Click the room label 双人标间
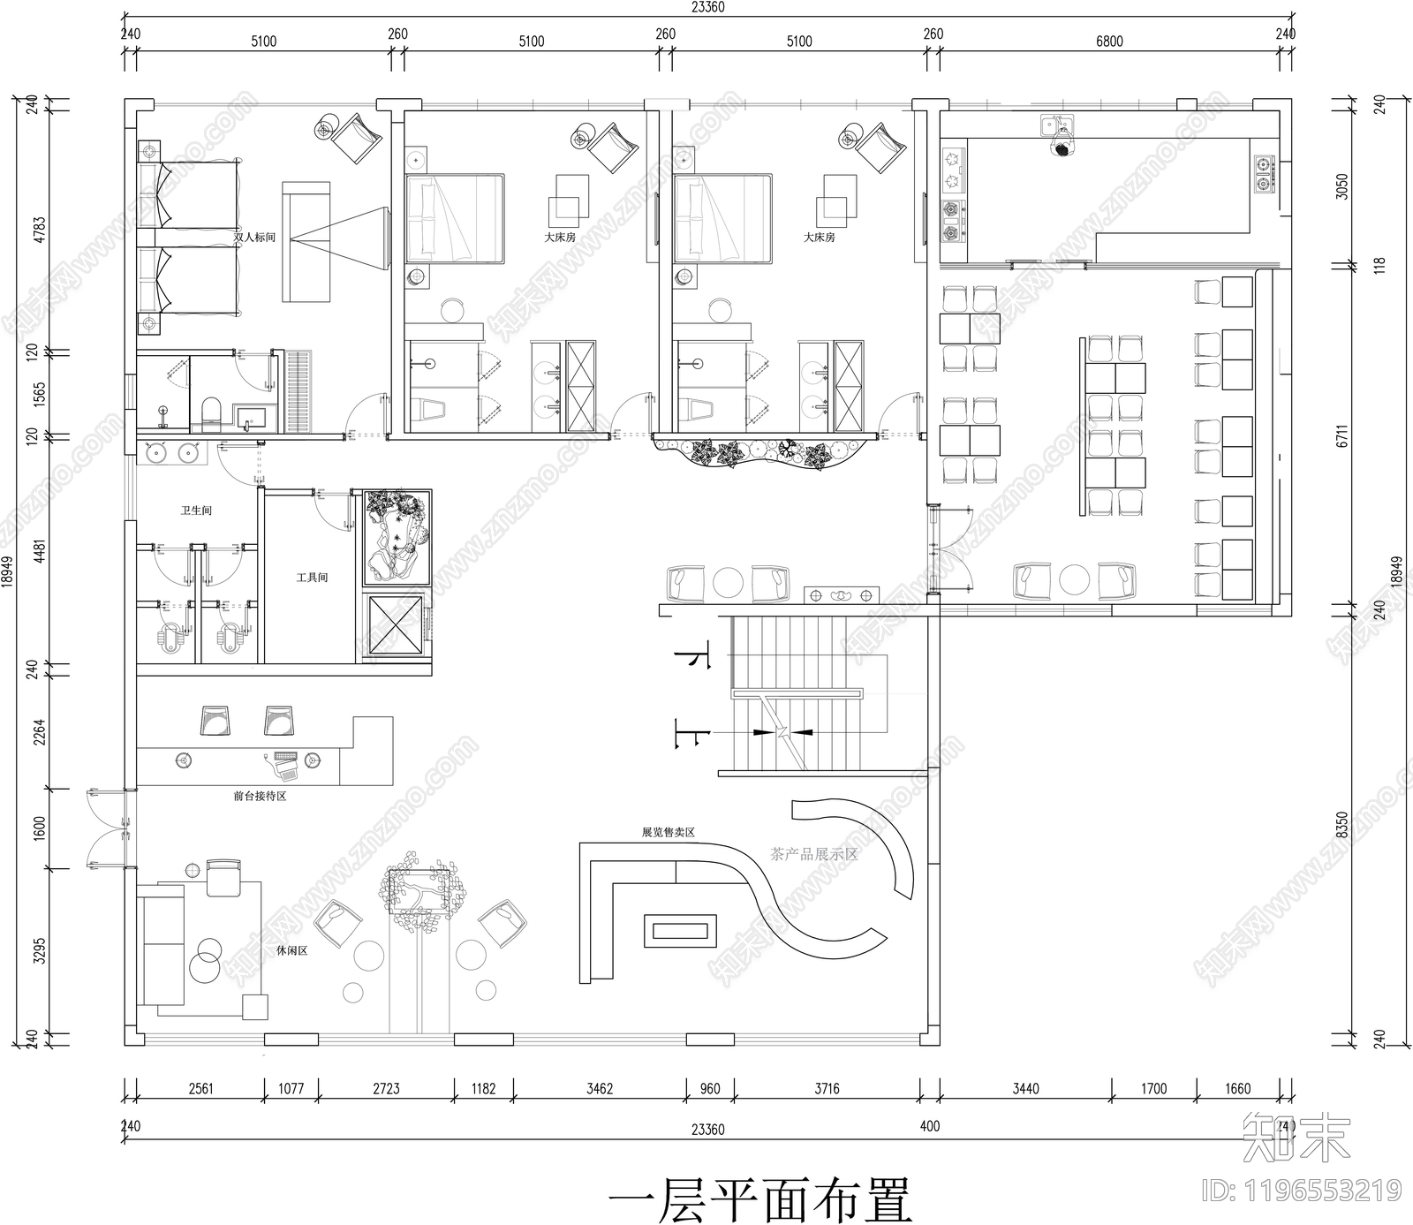(254, 238)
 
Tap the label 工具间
(312, 578)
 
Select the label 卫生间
(196, 510)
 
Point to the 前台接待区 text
(260, 796)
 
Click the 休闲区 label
(291, 951)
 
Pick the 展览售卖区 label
(669, 832)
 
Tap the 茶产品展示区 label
(814, 854)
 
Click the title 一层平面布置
(759, 1199)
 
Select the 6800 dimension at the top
(1109, 42)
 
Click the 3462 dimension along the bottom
(600, 1088)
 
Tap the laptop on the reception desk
(285, 767)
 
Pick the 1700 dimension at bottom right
(1153, 1088)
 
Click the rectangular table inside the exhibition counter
(684, 930)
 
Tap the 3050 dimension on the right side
(1341, 186)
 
